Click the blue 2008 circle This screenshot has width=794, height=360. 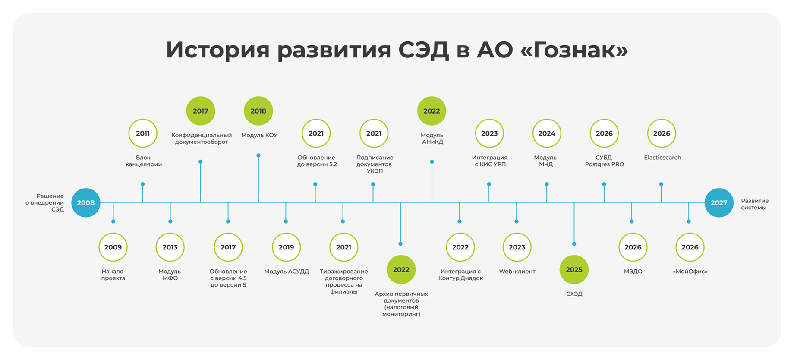click(85, 203)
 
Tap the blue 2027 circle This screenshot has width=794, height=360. click(718, 203)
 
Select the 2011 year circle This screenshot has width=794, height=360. click(143, 133)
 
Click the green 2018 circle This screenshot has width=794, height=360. click(258, 111)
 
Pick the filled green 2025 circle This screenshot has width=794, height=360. click(574, 270)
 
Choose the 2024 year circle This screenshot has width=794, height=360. click(547, 133)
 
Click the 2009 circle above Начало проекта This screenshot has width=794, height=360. click(113, 247)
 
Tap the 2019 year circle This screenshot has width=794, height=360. click(286, 247)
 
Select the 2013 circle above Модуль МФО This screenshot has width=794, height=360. click(170, 247)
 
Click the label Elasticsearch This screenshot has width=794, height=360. click(662, 158)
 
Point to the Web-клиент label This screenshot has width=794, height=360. click(517, 272)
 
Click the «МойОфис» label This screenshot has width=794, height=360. click(690, 272)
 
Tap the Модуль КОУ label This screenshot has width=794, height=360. click(259, 135)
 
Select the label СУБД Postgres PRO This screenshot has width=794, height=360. click(604, 161)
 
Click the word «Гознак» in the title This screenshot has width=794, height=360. click(574, 50)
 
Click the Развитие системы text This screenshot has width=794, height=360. click(755, 204)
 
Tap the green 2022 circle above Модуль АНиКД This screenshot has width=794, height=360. click(432, 111)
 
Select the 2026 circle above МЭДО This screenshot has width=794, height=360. click(633, 247)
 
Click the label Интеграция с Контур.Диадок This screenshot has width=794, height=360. click(460, 275)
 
